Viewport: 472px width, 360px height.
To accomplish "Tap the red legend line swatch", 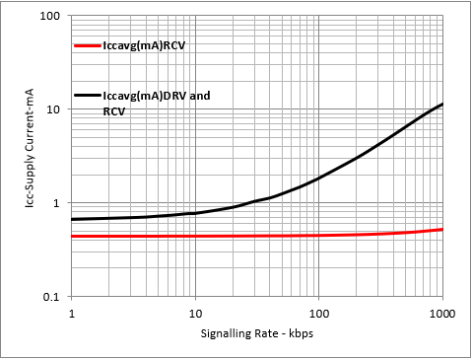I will (x=87, y=45).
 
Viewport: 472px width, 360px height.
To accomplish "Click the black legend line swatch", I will (x=87, y=95).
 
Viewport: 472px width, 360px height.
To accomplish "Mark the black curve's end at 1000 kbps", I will (x=441, y=105).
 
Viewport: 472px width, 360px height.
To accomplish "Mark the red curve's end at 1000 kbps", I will (x=441, y=229).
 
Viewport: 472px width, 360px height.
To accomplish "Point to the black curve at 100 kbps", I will (x=318, y=179).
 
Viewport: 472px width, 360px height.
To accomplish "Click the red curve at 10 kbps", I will (x=195, y=236).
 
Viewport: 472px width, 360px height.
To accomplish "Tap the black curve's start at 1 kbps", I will (x=73, y=219).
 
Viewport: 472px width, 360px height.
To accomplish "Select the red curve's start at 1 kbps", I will (x=73, y=236).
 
